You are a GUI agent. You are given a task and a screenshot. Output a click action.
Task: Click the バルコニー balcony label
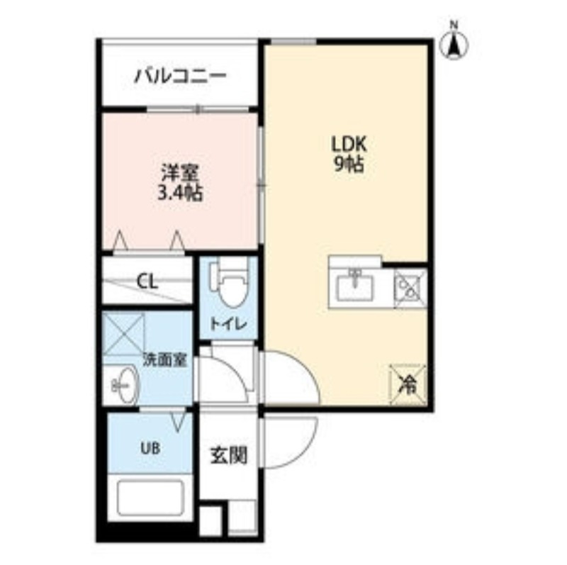(x=181, y=76)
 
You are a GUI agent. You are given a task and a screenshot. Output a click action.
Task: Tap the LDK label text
(x=349, y=145)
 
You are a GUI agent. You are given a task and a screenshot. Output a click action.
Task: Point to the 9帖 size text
(x=349, y=164)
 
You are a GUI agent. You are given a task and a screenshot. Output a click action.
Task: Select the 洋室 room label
(x=180, y=173)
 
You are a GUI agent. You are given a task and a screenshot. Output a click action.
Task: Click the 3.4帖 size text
(x=180, y=192)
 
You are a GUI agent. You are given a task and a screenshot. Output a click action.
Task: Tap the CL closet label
(x=147, y=281)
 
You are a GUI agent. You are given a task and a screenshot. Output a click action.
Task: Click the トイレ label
(x=228, y=324)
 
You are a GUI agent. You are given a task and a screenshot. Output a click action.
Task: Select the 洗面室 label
(x=165, y=359)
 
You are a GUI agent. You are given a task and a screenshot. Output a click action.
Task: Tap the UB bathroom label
(x=150, y=449)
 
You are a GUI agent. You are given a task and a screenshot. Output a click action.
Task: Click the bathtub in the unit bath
(x=150, y=498)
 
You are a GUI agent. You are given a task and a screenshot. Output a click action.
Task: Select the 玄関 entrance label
(x=229, y=455)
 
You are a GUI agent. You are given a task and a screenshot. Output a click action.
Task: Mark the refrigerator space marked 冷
(x=408, y=384)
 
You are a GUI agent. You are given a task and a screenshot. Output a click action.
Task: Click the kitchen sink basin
(x=355, y=289)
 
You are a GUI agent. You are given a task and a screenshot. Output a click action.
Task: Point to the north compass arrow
(x=454, y=45)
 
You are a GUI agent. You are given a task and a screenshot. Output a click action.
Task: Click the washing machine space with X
(x=123, y=334)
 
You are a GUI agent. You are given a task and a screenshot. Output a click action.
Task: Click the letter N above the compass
(x=454, y=25)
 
